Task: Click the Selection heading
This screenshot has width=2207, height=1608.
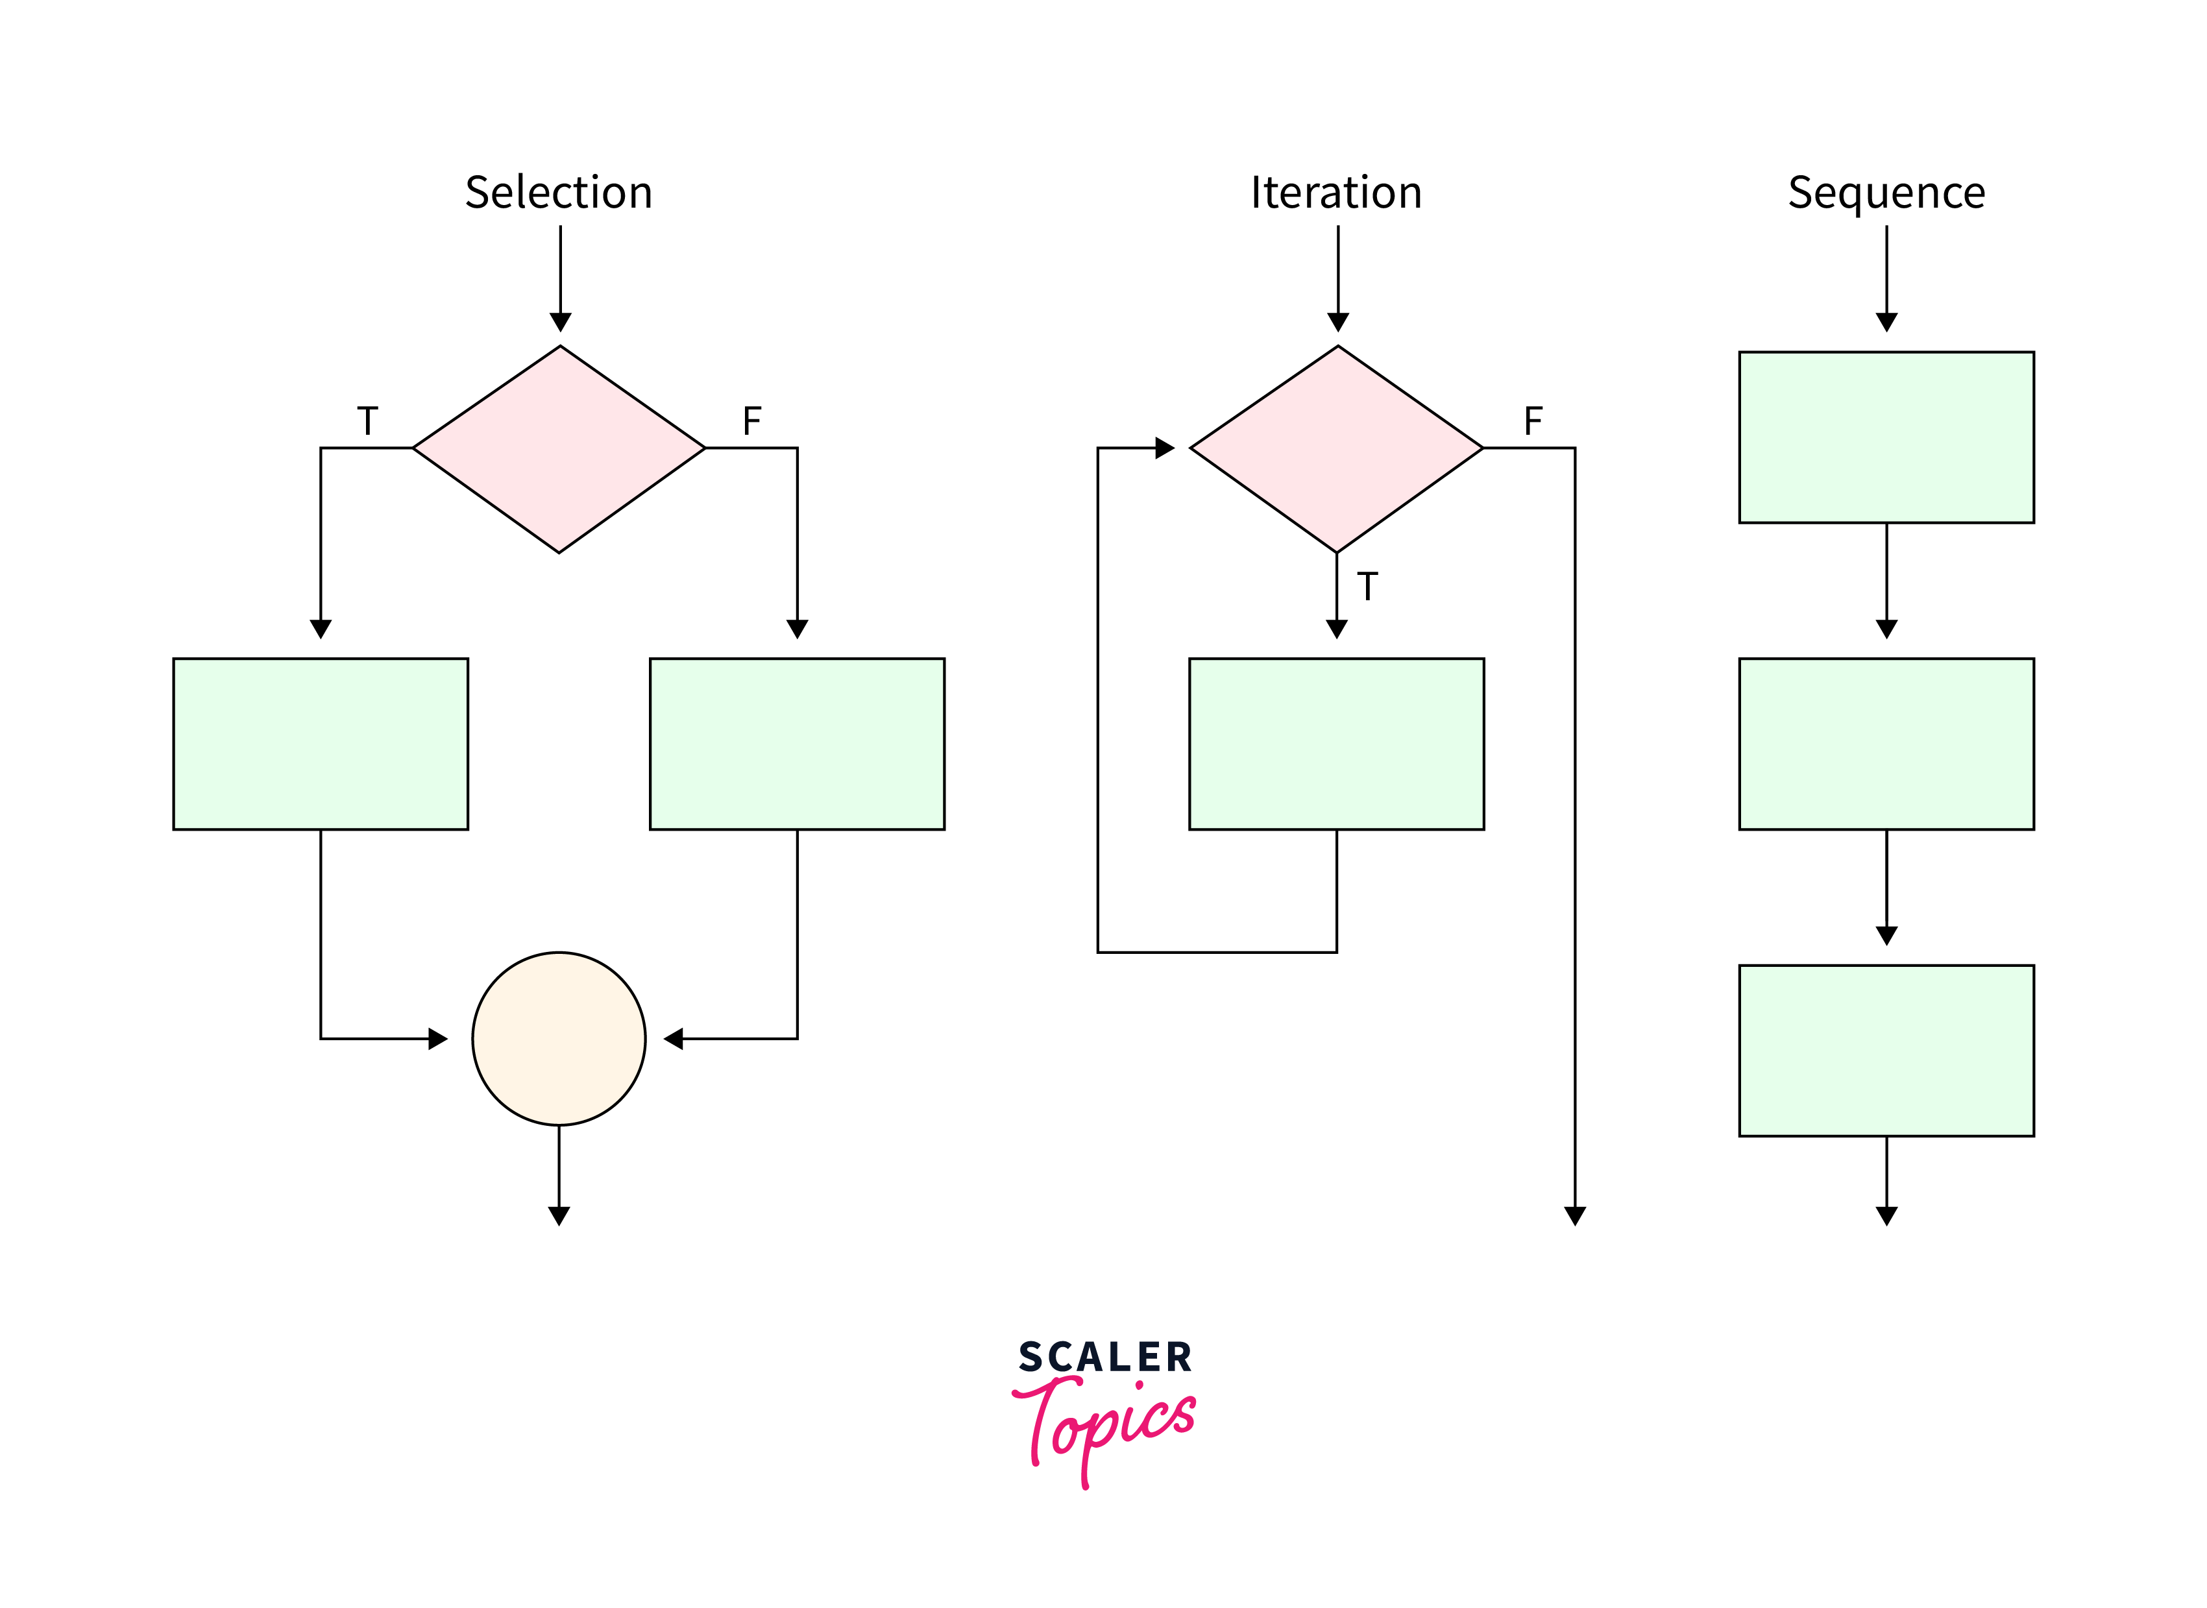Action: (559, 193)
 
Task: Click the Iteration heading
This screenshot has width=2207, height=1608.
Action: (1336, 193)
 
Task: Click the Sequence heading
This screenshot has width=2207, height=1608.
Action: (1886, 193)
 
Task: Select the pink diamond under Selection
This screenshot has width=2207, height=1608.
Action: (559, 449)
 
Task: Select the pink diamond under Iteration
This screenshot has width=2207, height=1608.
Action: (1337, 449)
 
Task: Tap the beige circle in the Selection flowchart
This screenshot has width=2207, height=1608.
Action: (559, 1038)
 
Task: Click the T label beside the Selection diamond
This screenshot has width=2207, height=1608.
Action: (367, 422)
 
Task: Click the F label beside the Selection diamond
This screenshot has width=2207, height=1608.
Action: (751, 422)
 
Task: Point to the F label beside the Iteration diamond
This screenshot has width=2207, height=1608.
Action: (1533, 422)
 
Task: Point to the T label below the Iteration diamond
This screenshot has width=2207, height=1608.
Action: (1367, 587)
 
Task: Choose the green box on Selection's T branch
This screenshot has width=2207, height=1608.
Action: (320, 744)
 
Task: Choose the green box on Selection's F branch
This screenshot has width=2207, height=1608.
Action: (797, 744)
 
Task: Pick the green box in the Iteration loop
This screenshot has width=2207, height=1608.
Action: (1336, 744)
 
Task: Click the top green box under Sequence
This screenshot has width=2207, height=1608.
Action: (1886, 437)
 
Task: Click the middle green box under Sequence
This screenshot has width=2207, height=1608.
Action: (1886, 744)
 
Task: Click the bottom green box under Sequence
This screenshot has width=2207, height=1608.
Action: (1886, 1050)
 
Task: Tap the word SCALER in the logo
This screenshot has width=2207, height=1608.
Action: (1104, 1358)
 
